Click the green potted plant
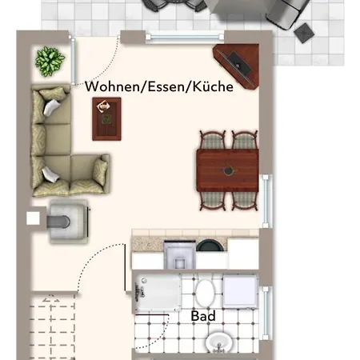click(50, 62)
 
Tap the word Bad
click(203, 316)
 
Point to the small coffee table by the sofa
click(106, 119)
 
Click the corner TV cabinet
click(237, 66)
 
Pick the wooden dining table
click(227, 170)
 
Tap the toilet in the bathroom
click(205, 293)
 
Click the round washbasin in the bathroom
click(219, 343)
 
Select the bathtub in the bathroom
click(158, 293)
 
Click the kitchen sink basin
click(179, 255)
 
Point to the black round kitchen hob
click(210, 246)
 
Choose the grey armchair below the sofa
click(69, 222)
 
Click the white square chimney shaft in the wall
click(33, 218)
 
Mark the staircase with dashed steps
click(52, 326)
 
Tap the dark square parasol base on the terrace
click(304, 33)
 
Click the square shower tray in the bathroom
click(240, 292)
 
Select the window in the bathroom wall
click(266, 313)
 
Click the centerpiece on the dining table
click(228, 170)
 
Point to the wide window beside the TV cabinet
click(185, 37)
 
